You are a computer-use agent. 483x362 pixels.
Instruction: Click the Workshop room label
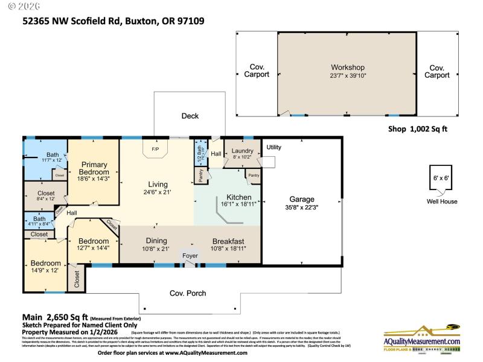[348, 67]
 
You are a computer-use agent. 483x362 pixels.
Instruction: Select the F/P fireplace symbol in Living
[155, 149]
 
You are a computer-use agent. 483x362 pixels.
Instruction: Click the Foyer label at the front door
[190, 255]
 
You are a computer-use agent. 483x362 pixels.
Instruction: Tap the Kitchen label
[226, 197]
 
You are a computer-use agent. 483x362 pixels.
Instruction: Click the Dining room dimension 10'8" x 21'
[156, 249]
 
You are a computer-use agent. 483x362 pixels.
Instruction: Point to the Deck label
[190, 116]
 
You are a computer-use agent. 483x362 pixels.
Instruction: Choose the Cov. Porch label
[188, 293]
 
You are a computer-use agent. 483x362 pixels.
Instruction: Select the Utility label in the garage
[273, 147]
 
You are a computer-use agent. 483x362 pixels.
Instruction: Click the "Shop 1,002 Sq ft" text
[417, 129]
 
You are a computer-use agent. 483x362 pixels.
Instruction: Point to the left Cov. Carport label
[257, 71]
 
